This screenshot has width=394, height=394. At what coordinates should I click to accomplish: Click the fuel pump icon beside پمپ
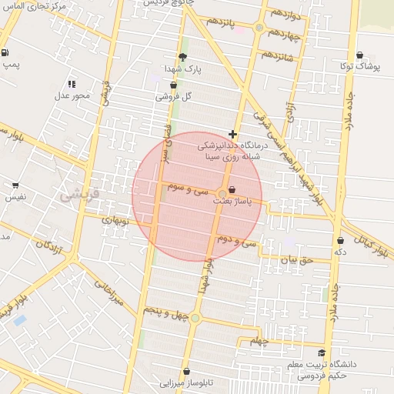pos(6,53)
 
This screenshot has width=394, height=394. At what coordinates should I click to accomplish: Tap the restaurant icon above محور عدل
pos(72,84)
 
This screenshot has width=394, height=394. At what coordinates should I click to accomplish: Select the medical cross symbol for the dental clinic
pos(232,134)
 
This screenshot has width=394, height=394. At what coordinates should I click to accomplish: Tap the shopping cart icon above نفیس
pos(15,185)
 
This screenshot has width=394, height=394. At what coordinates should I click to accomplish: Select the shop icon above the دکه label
pos(340,240)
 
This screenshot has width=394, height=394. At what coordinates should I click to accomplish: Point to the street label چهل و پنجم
pos(165,312)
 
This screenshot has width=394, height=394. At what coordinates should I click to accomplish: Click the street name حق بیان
pos(297,260)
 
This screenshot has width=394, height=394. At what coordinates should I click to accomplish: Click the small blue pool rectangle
pos(19,319)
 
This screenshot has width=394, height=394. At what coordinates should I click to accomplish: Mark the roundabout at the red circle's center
pos(222,193)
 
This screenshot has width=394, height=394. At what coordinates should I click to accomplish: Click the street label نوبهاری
pos(119,221)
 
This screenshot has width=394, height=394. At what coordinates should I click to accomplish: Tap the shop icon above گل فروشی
pos(173,85)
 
